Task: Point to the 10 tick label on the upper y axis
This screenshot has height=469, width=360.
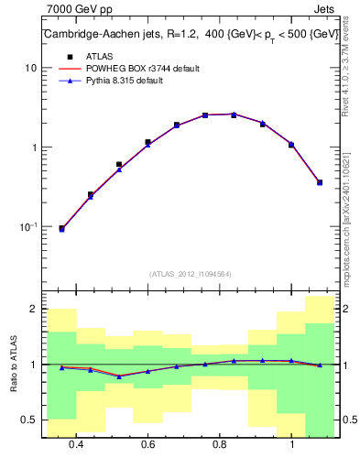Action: tap(30, 68)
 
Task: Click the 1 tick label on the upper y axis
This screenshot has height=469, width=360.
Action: tap(33, 147)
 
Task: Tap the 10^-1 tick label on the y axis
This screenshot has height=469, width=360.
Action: tap(28, 226)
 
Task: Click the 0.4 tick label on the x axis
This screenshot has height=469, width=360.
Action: tap(76, 444)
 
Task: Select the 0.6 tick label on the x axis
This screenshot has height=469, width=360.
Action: tap(147, 444)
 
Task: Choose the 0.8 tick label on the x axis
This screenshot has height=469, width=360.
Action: tap(220, 444)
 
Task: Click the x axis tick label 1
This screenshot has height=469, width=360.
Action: tap(291, 444)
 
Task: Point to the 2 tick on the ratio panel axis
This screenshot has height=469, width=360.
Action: tap(33, 310)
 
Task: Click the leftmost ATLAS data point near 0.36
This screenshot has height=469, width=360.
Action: tap(61, 228)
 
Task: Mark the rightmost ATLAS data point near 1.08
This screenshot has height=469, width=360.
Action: tap(320, 182)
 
